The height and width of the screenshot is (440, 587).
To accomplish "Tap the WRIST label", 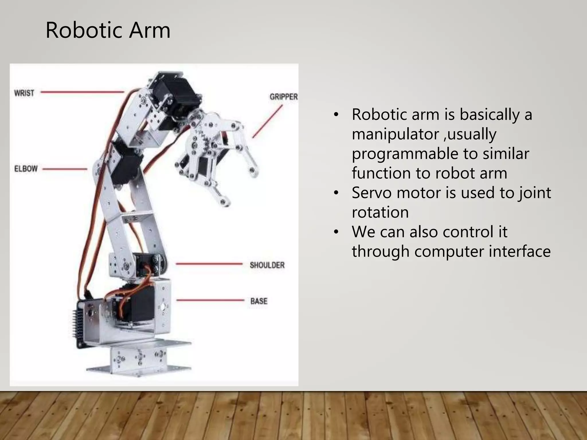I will (24, 93).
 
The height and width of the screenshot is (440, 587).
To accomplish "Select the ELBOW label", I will (26, 168).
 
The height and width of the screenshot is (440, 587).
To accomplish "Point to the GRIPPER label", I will (283, 97).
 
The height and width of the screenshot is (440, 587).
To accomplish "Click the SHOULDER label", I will (267, 265).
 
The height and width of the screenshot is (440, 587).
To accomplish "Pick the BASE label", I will (259, 301).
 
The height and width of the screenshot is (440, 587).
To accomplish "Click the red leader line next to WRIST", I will (82, 92).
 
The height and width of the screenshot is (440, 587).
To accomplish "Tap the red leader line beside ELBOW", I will (65, 169).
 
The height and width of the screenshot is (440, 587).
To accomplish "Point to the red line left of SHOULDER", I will (209, 264).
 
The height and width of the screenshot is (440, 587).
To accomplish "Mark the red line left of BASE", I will (210, 300).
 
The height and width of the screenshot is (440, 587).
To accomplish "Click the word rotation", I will (380, 212).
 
